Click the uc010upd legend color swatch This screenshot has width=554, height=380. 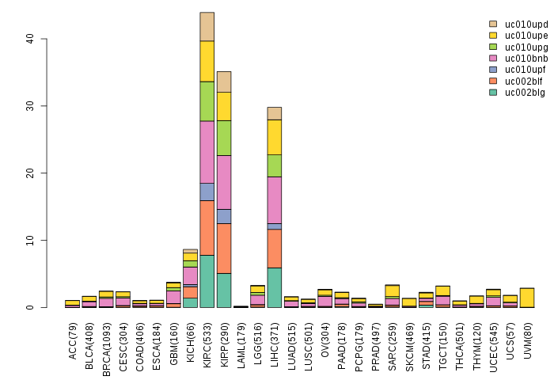click(493, 25)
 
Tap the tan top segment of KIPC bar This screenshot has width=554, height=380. click(207, 27)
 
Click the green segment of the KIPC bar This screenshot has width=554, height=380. click(207, 101)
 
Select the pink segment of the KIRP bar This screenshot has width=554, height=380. click(224, 182)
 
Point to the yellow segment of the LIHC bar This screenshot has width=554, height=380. click(275, 137)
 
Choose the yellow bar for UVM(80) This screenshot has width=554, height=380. click(527, 298)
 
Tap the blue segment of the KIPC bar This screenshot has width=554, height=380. click(207, 192)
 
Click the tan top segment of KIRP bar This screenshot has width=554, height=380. click(224, 82)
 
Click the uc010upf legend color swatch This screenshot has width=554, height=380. click(493, 70)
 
